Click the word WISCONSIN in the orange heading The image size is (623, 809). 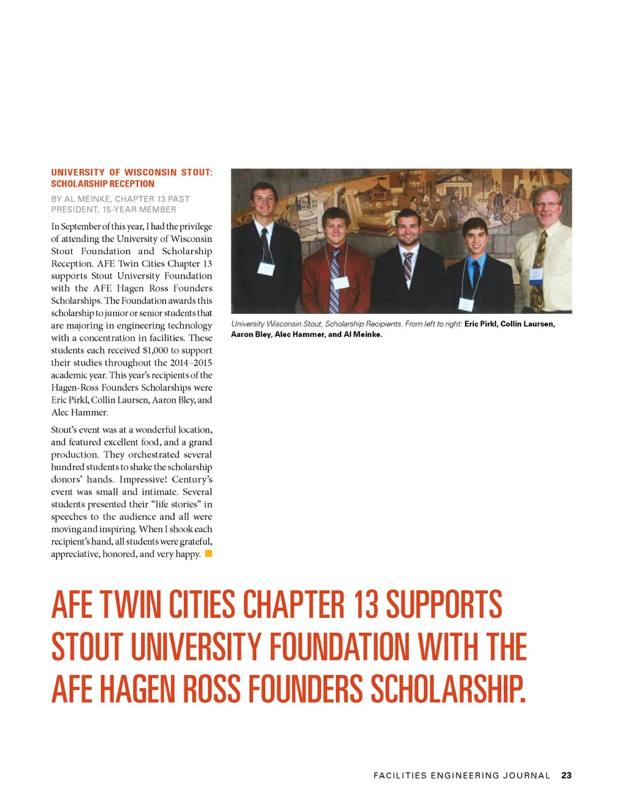[150, 173]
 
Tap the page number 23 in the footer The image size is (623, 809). [566, 776]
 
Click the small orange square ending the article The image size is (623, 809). [208, 554]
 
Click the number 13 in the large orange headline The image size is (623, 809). [366, 605]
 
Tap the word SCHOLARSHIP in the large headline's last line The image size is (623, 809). [448, 689]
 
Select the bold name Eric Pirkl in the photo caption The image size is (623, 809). [481, 324]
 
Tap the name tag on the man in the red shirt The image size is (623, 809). [340, 282]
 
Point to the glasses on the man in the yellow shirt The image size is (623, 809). [545, 204]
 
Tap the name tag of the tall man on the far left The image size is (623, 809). [266, 269]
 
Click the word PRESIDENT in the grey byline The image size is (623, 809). [75, 210]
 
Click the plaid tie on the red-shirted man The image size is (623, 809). [334, 280]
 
